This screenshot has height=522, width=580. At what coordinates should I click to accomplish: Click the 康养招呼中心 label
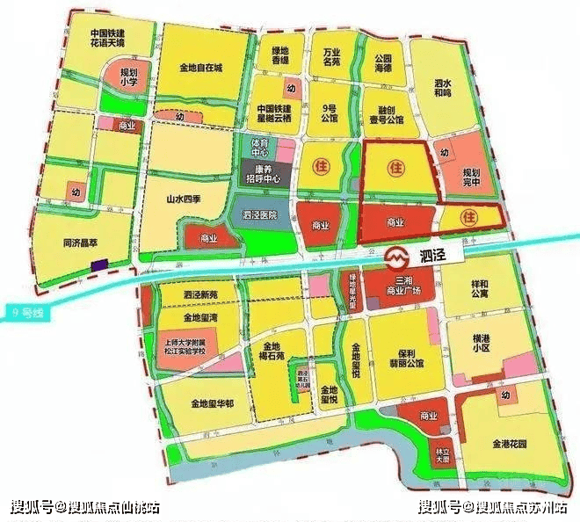pos(264,172)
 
